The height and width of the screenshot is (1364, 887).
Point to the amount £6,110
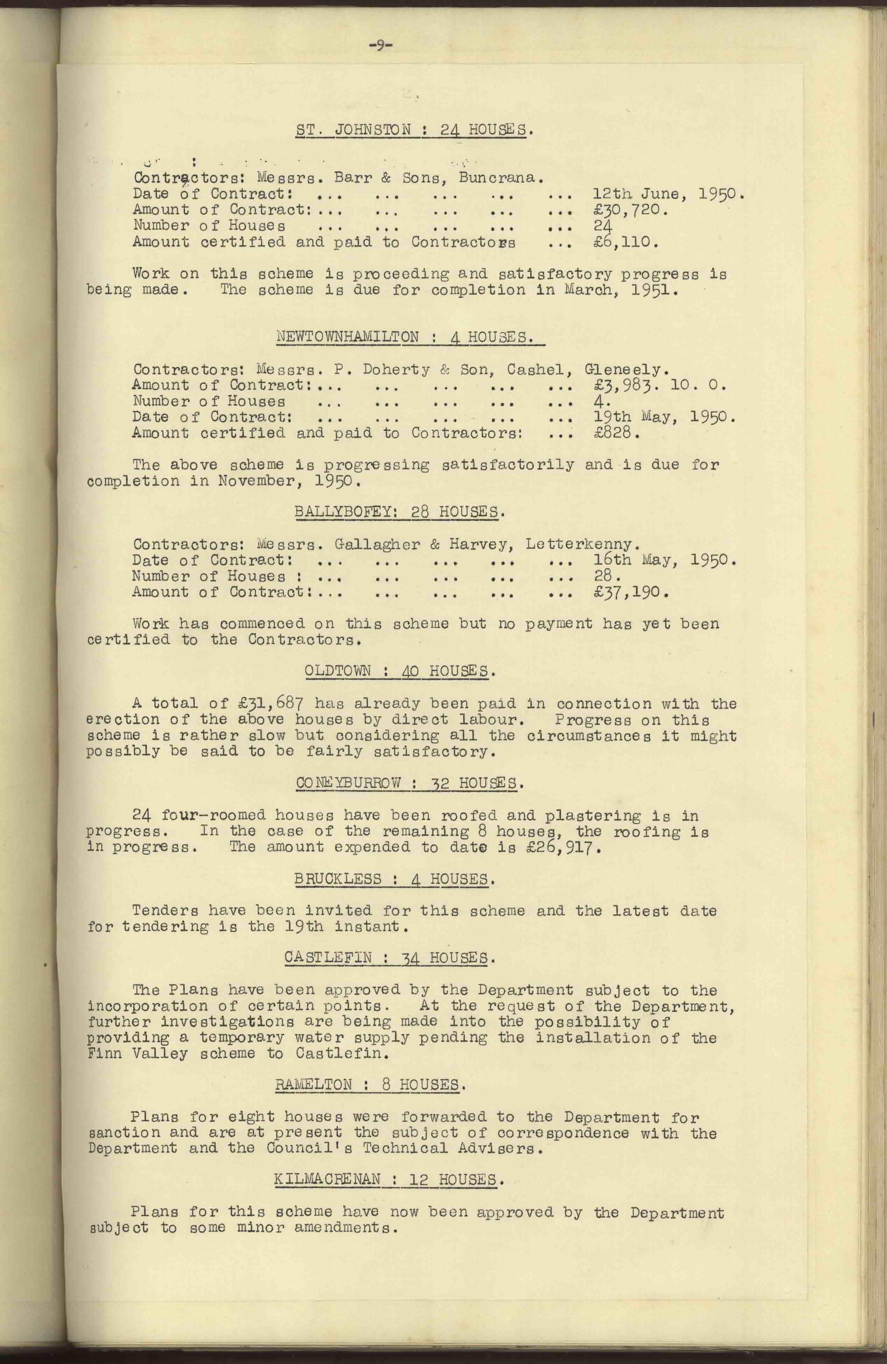tap(625, 242)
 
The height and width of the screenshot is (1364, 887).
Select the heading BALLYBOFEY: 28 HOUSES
tap(400, 511)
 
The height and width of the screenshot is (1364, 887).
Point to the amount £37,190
tap(631, 592)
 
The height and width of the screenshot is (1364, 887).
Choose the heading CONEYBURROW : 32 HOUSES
tap(409, 783)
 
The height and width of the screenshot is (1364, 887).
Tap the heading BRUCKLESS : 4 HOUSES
tap(392, 879)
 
